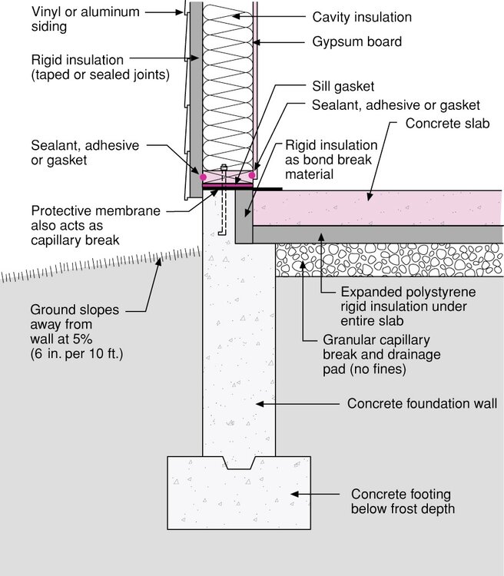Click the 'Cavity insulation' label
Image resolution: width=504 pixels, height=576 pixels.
[x=362, y=17]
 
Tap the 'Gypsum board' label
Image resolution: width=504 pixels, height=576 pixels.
[x=357, y=42]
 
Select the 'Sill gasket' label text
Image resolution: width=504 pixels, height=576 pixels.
[x=343, y=87]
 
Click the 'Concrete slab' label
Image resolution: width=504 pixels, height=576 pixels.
[x=447, y=124]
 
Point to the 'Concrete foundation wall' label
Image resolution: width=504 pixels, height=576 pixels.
[x=422, y=404]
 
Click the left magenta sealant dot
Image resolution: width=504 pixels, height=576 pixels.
[x=203, y=177]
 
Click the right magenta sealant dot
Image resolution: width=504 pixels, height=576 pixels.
[x=252, y=175]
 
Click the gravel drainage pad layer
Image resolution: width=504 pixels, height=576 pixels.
[x=389, y=260]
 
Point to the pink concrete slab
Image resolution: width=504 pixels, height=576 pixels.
[x=377, y=208]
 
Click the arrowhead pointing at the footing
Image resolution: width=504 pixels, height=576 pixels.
[x=295, y=494]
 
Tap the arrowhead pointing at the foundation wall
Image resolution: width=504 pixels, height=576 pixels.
[x=260, y=404]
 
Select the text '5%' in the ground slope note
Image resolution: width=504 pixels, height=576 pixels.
[x=82, y=339]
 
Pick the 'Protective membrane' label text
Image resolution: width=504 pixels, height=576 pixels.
[x=95, y=211]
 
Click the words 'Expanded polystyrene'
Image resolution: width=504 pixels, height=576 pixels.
[x=408, y=293]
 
